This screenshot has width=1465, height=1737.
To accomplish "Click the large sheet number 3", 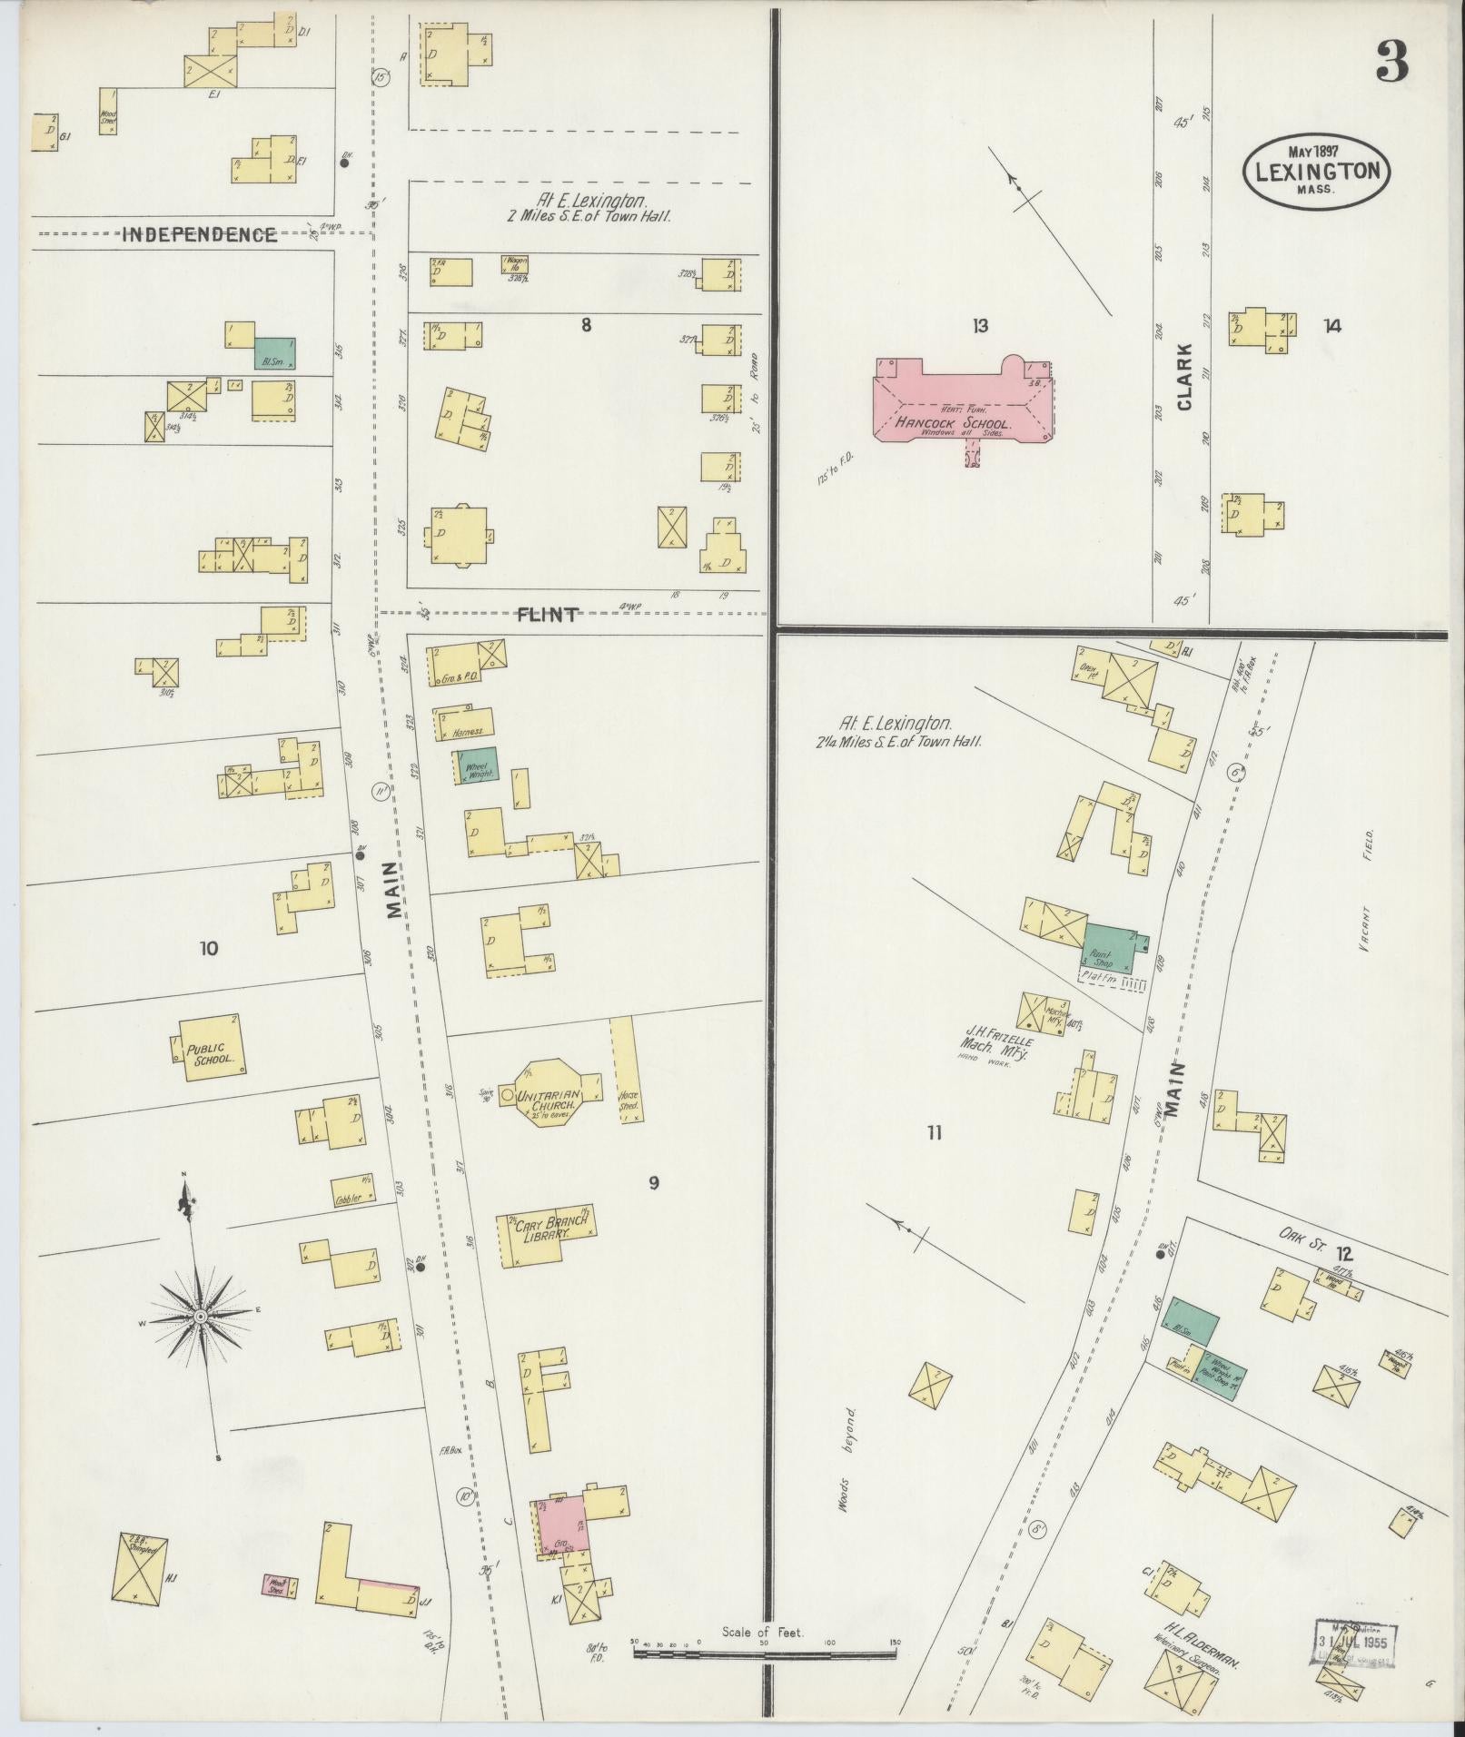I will pos(1391,63).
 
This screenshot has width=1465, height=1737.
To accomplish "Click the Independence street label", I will pos(200,235).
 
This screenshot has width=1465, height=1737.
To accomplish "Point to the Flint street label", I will pos(547,615).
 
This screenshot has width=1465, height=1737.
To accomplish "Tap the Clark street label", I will pos(1184,377).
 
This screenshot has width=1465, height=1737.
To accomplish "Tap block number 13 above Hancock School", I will pos(978,326).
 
